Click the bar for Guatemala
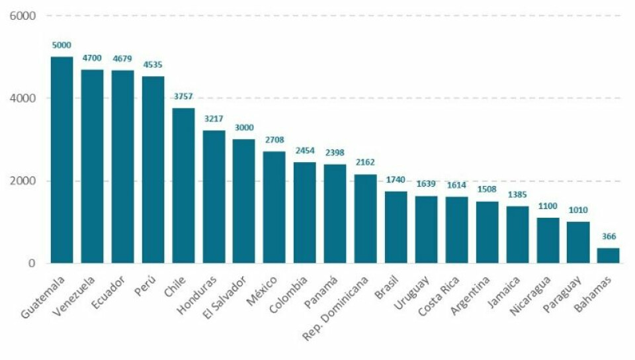pos(62,160)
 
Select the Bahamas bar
pos(609,255)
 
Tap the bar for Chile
pos(183,186)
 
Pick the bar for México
pos(274,207)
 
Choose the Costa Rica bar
pos(456,230)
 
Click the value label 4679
pos(122,59)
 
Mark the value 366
pos(609,237)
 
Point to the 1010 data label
pos(578,210)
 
